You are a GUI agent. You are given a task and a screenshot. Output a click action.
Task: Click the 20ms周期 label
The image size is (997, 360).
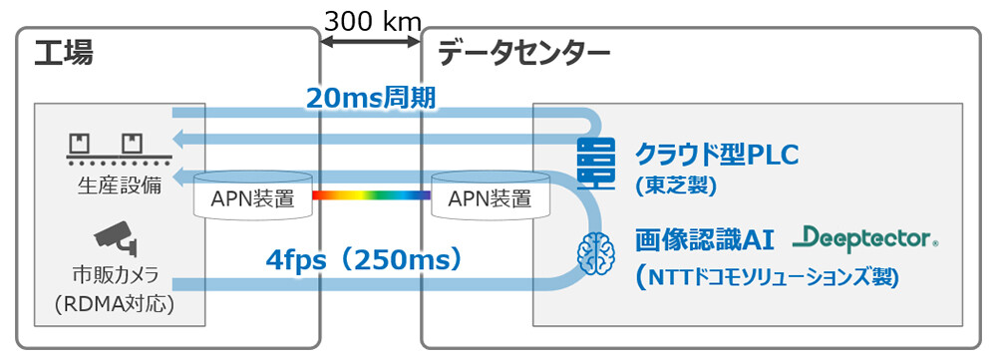click(371, 98)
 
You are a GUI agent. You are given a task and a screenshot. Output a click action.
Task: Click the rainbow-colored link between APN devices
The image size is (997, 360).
click(370, 195)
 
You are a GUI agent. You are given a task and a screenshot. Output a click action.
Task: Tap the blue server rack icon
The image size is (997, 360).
click(595, 163)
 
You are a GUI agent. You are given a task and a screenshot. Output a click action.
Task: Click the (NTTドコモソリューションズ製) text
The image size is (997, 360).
click(768, 276)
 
